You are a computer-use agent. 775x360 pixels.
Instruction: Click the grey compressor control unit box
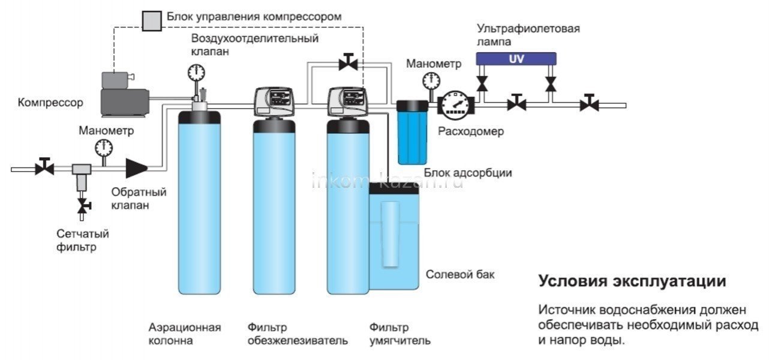(151, 20)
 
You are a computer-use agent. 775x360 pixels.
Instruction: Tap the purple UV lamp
(516, 59)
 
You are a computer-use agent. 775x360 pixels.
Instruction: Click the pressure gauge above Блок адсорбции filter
(429, 80)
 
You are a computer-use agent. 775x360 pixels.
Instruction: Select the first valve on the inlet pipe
(44, 167)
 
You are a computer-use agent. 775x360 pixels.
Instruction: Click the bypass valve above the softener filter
(347, 62)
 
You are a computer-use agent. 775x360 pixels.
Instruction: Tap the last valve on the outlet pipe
(588, 103)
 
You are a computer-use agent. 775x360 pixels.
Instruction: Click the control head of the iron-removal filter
(272, 101)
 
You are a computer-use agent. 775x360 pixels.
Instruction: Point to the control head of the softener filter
(346, 101)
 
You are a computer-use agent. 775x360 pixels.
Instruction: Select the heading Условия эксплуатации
(632, 282)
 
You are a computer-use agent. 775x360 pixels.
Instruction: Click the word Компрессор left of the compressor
(50, 103)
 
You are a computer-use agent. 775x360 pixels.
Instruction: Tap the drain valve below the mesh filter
(82, 206)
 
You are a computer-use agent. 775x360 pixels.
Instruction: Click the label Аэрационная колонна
(185, 334)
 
